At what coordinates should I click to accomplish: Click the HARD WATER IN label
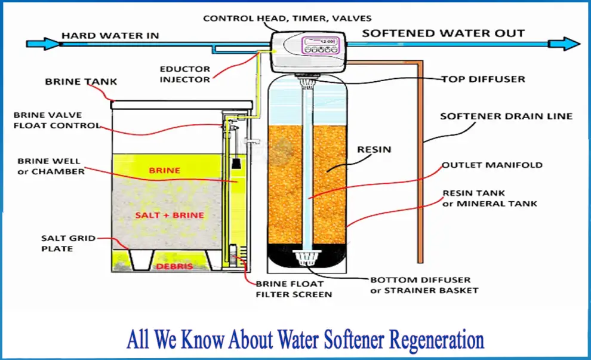(110, 35)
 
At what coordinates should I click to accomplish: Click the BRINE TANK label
(81, 82)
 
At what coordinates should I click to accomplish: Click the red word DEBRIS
(174, 266)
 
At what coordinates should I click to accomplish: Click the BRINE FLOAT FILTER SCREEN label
(294, 289)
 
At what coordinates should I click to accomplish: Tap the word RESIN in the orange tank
(374, 150)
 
